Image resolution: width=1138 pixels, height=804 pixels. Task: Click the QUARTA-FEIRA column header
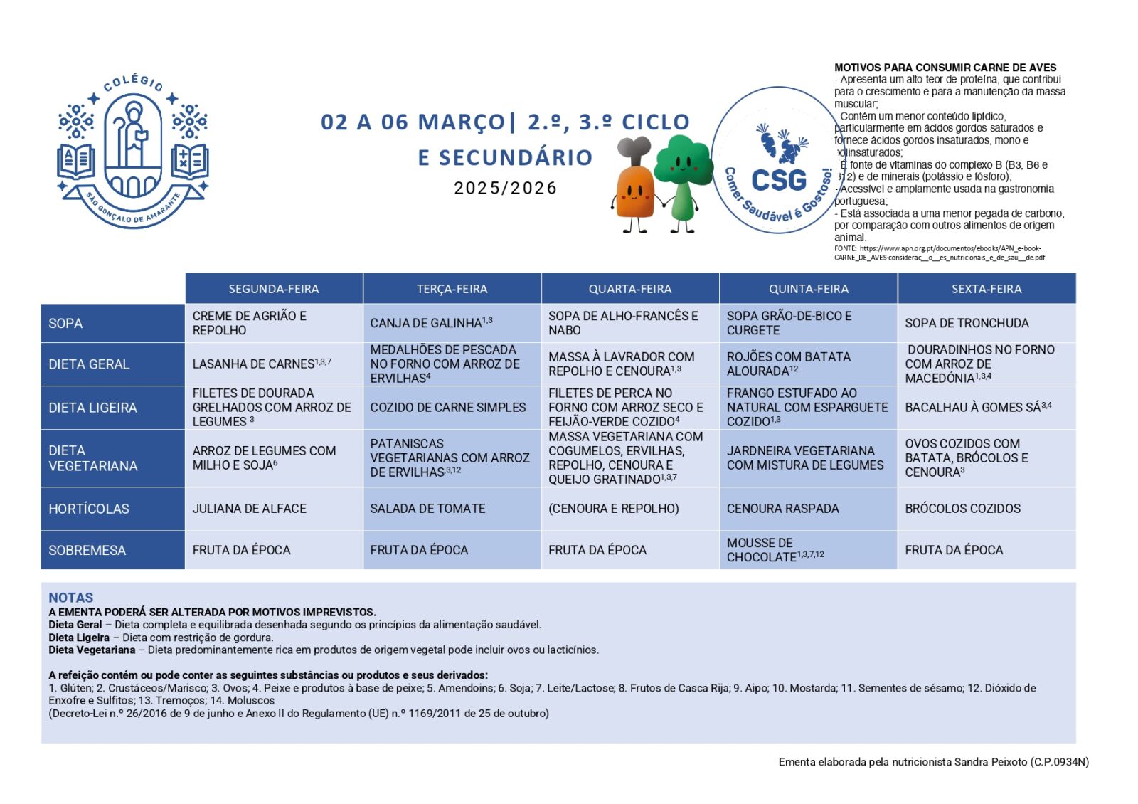pos(629,289)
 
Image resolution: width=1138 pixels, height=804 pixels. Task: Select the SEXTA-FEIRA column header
pos(986,289)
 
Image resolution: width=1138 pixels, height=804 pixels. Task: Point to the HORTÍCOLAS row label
pos(89,509)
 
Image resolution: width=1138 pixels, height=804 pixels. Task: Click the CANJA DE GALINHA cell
pos(431,323)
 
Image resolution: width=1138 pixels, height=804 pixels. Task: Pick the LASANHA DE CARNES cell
pos(261,364)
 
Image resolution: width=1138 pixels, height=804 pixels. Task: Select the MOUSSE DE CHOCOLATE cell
pos(775,550)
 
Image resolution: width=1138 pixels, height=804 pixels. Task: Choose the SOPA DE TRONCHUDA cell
pos(967,323)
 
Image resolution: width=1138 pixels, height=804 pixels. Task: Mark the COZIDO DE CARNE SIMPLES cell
pos(447,408)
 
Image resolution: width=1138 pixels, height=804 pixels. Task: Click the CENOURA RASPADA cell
pos(782,509)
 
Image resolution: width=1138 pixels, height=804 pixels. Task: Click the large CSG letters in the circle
pos(779,181)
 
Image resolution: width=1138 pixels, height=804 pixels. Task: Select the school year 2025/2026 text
pos(505,188)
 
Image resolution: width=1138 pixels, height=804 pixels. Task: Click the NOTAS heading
pos(71,598)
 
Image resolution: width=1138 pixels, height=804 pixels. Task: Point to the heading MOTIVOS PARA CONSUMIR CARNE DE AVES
pos(945,68)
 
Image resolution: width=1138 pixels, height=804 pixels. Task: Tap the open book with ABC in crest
pos(75,161)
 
